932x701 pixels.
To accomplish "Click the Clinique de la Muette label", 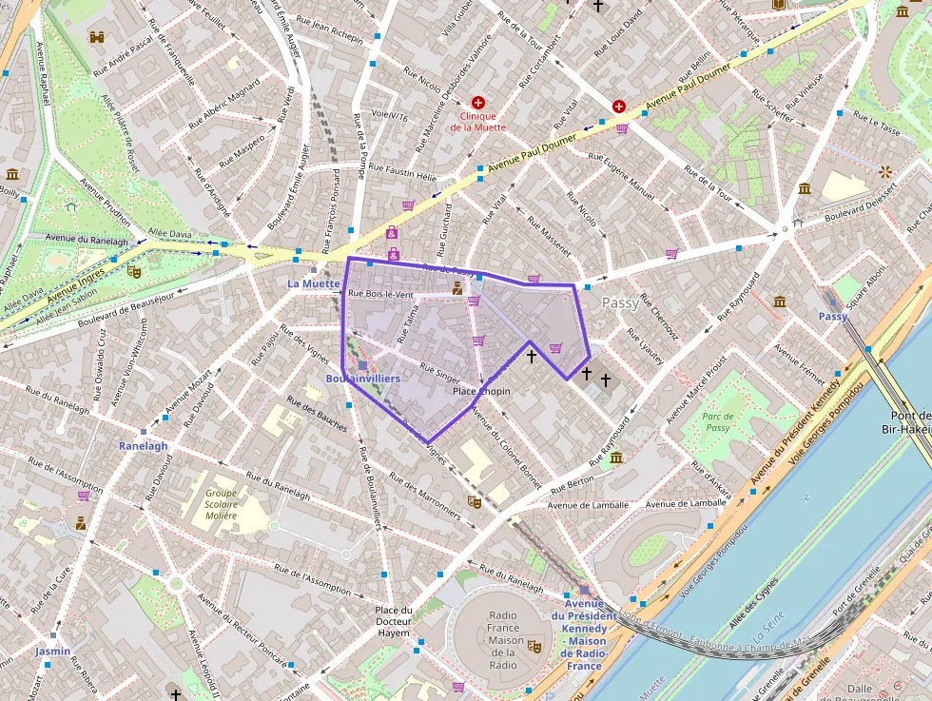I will (x=477, y=122).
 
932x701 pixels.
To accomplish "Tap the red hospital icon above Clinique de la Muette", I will (x=477, y=102).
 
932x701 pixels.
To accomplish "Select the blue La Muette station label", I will (x=313, y=283).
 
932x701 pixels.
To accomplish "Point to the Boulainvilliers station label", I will (x=362, y=379).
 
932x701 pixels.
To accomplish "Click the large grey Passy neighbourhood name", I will (x=620, y=302).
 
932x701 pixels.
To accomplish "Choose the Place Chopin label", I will (x=481, y=392).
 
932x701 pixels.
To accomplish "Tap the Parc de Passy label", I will (x=718, y=422).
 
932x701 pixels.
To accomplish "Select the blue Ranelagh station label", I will (x=143, y=446).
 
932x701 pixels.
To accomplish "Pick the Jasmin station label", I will (x=53, y=652).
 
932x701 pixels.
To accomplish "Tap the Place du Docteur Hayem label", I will (x=393, y=621).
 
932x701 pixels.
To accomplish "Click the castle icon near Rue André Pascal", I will (x=97, y=37).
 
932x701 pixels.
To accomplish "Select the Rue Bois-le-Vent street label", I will (x=380, y=295).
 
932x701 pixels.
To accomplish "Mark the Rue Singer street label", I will (x=439, y=374).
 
